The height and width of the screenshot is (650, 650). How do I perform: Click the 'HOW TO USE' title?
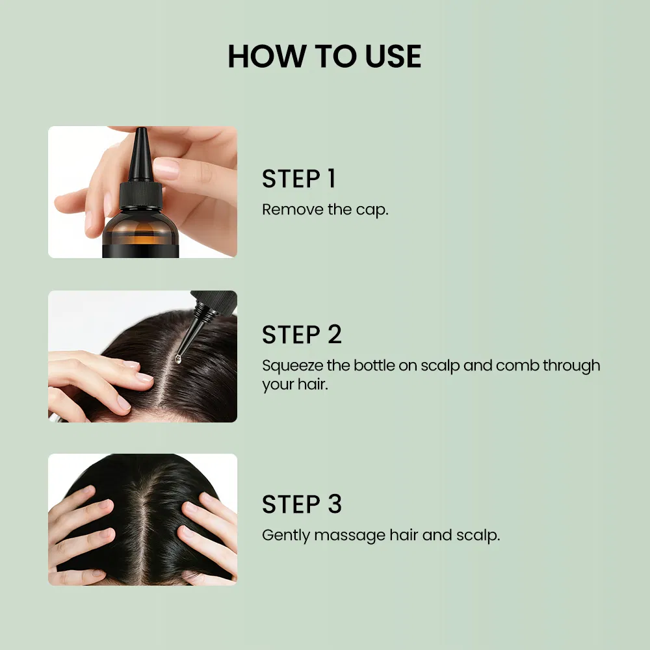(x=324, y=57)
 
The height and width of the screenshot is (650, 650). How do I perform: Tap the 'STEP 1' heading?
(x=298, y=179)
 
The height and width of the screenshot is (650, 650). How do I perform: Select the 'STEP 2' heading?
(x=302, y=334)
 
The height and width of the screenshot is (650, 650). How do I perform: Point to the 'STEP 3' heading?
(x=302, y=504)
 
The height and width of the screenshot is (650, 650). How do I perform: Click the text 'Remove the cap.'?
(x=325, y=210)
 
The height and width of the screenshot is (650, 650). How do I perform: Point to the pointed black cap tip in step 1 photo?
(x=140, y=153)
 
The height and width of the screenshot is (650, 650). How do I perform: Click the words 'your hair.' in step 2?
(x=294, y=384)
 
